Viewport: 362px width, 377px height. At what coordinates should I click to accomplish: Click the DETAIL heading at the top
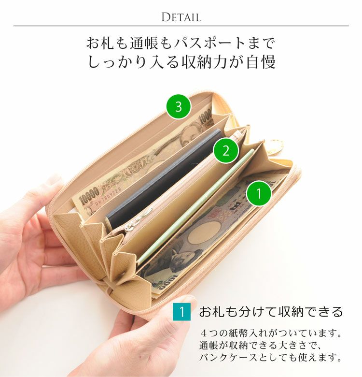click(181, 17)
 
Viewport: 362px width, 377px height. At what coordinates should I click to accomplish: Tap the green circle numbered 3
click(179, 106)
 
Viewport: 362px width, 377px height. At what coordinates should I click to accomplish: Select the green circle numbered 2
click(226, 151)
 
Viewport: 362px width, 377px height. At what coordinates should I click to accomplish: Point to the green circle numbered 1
click(259, 193)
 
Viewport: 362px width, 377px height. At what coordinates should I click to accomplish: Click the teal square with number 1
click(181, 312)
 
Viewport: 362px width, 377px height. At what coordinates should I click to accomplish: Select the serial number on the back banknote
click(109, 194)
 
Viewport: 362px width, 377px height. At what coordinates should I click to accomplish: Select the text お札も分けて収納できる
click(271, 312)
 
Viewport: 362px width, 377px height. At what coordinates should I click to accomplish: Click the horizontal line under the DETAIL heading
click(181, 26)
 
